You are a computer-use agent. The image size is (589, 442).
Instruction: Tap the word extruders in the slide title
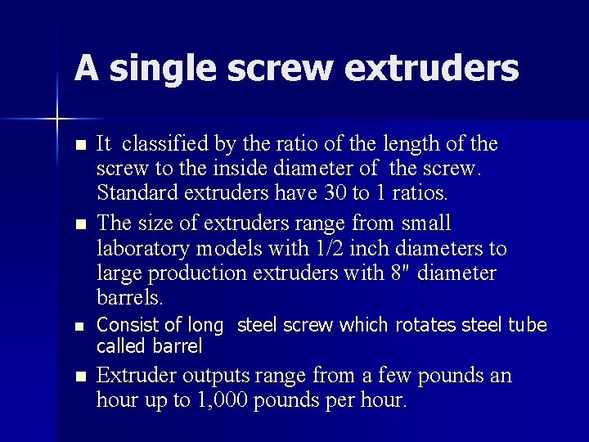[x=432, y=69]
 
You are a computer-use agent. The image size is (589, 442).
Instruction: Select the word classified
[x=164, y=145]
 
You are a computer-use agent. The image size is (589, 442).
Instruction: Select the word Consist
[x=124, y=326]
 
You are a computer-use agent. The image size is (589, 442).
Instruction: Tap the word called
[x=120, y=345]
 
